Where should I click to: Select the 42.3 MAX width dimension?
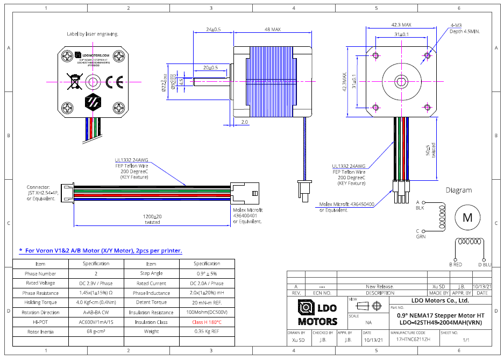(x=401, y=25)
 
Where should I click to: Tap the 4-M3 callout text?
(x=456, y=25)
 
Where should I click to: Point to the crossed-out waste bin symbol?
(x=73, y=81)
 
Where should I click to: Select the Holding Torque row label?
(x=40, y=302)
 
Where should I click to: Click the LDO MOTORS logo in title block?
(x=317, y=313)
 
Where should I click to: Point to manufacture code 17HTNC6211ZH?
(x=413, y=340)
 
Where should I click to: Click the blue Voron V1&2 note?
(x=101, y=250)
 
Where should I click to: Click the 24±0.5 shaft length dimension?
(x=213, y=30)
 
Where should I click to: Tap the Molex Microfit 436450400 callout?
(x=347, y=207)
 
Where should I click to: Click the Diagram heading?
(x=458, y=190)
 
